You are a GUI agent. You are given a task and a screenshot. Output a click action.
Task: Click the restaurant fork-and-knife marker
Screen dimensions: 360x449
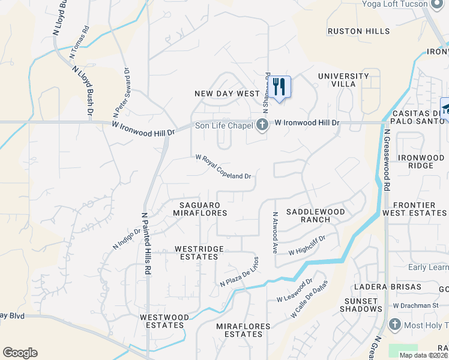tap(279, 86)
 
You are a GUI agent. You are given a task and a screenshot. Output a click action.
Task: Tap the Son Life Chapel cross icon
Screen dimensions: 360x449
tap(262, 125)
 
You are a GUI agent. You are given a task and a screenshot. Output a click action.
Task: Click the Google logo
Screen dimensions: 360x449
tap(20, 353)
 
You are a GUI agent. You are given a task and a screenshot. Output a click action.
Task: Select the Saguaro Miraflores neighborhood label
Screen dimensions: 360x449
tap(200, 209)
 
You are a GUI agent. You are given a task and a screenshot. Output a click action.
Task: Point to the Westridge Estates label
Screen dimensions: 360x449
tap(199, 253)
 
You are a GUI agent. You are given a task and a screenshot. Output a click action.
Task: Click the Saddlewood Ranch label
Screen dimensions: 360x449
tap(315, 215)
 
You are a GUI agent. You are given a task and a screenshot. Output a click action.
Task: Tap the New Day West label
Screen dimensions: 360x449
tap(227, 94)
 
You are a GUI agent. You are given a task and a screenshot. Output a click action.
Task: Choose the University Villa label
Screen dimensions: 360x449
tap(343, 80)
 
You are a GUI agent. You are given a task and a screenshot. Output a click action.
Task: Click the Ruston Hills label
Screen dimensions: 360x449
tap(358, 31)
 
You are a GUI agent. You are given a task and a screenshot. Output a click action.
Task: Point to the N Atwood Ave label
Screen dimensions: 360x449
tap(276, 231)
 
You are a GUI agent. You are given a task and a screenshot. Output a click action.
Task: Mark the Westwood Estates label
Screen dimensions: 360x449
tap(161, 321)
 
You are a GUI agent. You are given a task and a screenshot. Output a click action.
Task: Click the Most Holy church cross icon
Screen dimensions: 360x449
tap(394, 325)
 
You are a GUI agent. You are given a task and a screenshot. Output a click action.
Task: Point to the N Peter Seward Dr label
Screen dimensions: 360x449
tap(121, 92)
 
